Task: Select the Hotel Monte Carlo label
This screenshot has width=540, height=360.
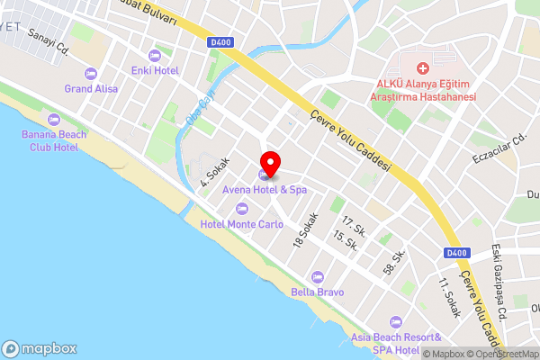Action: pos(240,224)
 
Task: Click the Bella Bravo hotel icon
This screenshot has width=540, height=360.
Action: pos(316,277)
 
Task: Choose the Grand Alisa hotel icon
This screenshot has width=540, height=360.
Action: pos(89,75)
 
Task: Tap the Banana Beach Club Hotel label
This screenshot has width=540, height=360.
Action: pos(53,140)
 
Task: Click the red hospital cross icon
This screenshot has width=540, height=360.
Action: pos(423,68)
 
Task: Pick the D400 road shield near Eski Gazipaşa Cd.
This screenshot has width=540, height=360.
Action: pos(456,254)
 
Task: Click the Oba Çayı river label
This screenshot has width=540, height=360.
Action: pos(196,111)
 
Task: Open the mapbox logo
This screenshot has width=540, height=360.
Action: pos(40,348)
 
